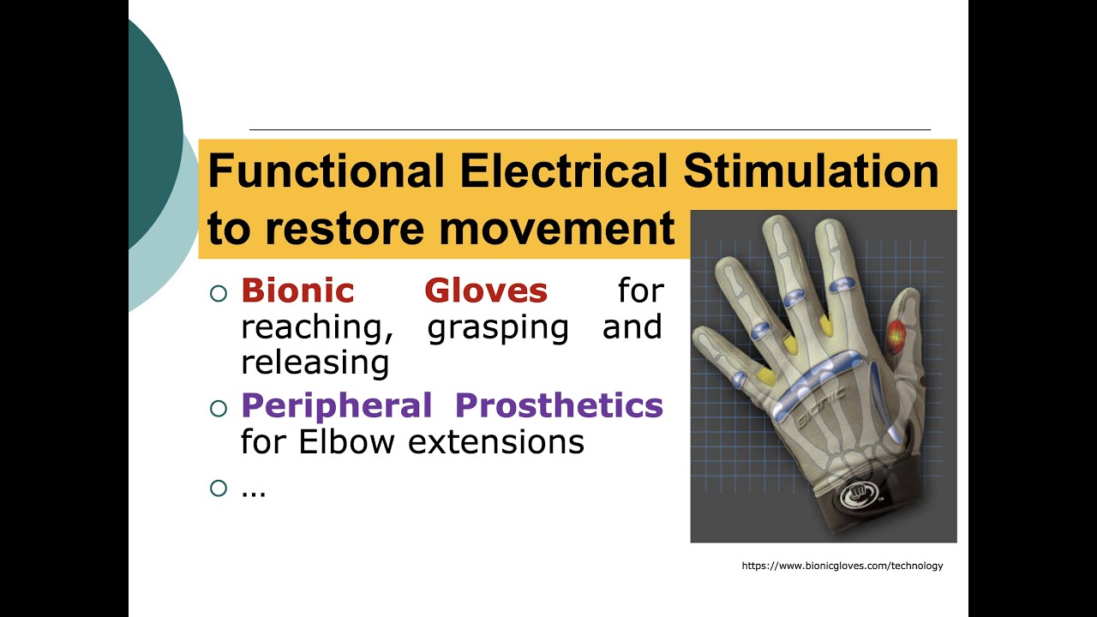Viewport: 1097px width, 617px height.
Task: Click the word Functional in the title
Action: click(x=325, y=171)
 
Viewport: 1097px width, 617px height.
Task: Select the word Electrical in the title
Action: click(x=563, y=171)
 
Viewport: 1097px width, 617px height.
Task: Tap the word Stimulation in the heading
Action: click(x=811, y=171)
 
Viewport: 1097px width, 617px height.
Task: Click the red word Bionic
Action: click(x=297, y=291)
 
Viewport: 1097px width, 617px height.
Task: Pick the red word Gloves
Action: click(x=486, y=291)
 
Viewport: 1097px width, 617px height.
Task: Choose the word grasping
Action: click(x=498, y=327)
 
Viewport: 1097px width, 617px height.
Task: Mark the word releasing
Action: click(x=315, y=363)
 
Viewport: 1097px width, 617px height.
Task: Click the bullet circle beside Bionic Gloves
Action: click(x=219, y=293)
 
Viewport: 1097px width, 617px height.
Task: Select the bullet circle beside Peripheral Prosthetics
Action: click(x=219, y=407)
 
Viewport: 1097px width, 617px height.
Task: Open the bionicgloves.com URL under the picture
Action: click(x=842, y=566)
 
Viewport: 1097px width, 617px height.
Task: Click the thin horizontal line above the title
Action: click(x=590, y=129)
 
